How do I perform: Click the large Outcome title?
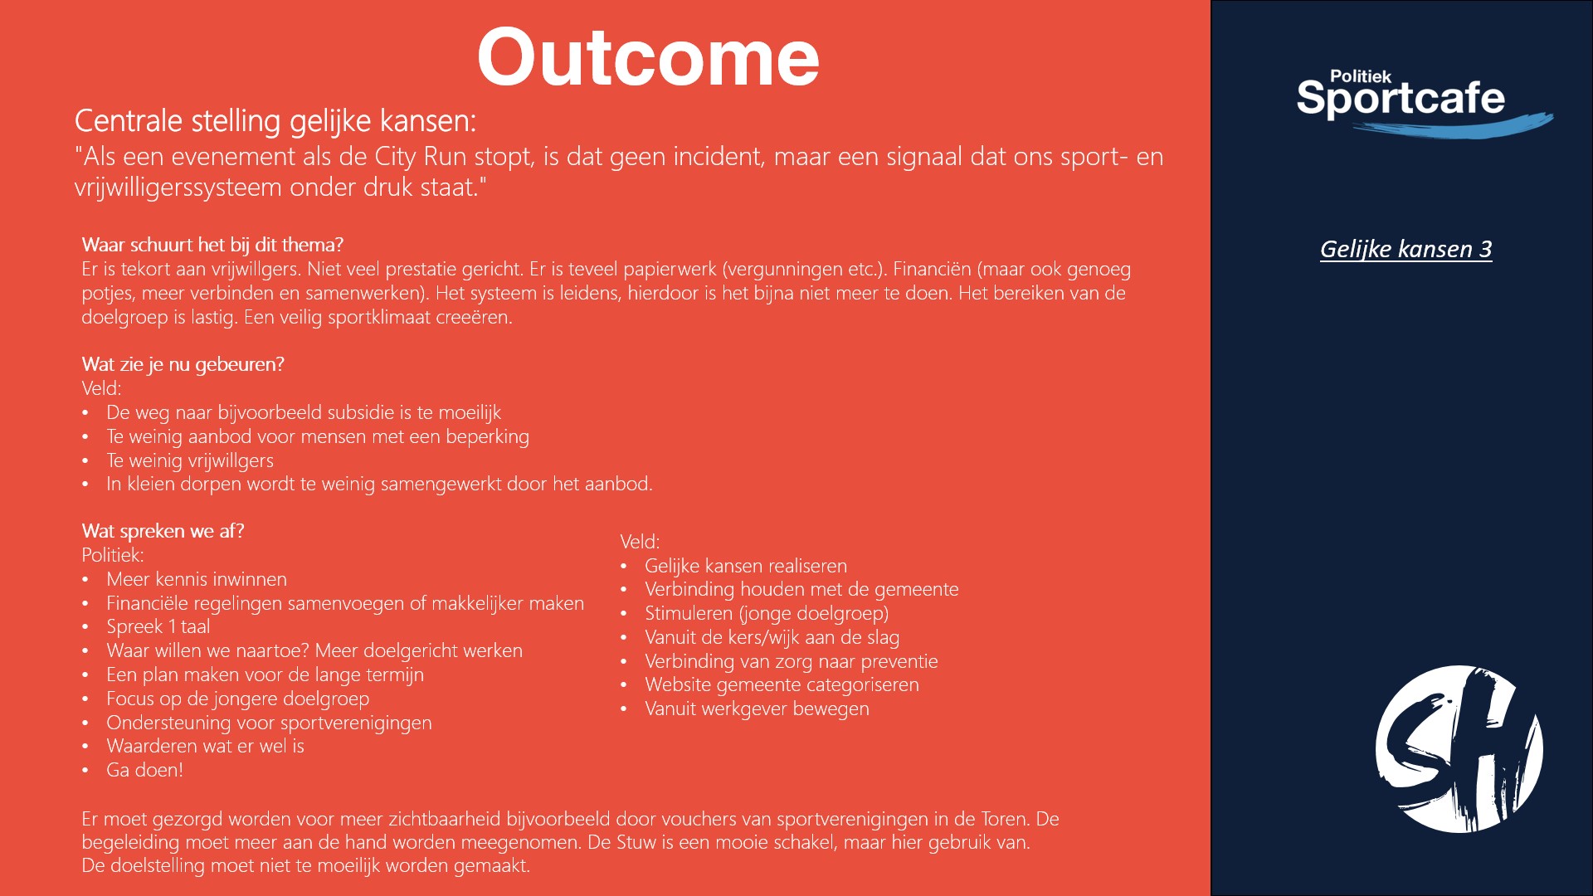click(x=648, y=57)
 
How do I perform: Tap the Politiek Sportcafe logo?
click(x=1424, y=103)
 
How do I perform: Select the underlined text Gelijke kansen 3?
click(x=1405, y=249)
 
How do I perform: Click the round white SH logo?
click(x=1459, y=748)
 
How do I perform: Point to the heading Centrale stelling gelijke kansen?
click(x=275, y=121)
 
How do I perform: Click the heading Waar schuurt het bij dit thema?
click(x=212, y=245)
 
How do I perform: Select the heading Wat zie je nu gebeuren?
click(x=183, y=364)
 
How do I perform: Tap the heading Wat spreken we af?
click(x=163, y=531)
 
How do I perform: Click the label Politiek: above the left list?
click(x=113, y=555)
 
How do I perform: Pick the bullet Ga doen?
click(x=144, y=770)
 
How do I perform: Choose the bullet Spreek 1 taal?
click(x=158, y=626)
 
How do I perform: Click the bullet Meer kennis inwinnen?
click(x=197, y=579)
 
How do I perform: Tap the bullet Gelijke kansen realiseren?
click(x=746, y=566)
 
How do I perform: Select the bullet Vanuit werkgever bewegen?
click(x=757, y=709)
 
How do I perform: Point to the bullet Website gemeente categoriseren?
click(x=782, y=684)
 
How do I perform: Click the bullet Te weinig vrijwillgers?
click(x=190, y=460)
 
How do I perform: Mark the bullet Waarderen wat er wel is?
click(x=205, y=746)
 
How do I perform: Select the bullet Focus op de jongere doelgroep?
click(x=237, y=699)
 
